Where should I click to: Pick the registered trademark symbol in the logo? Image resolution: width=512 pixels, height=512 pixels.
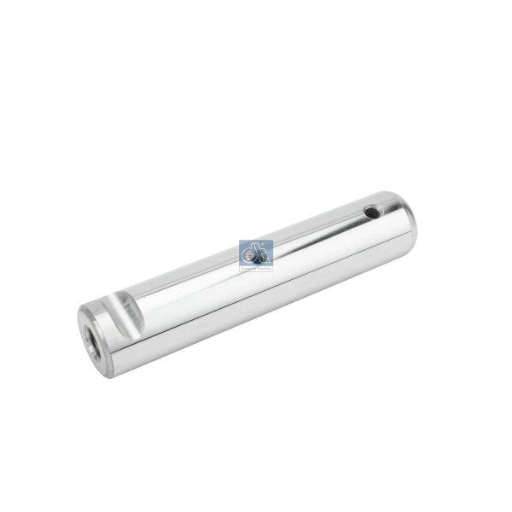(x=269, y=246)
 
